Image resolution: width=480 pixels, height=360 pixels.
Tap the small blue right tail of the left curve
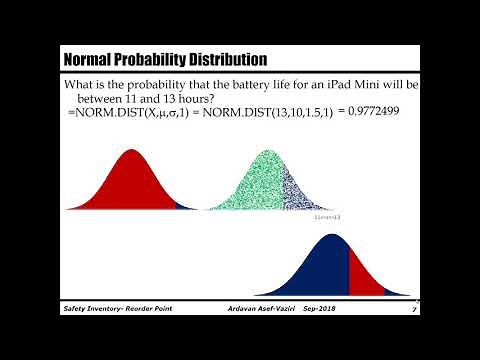click(x=183, y=205)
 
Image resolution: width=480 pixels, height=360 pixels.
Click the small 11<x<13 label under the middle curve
click(x=327, y=215)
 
